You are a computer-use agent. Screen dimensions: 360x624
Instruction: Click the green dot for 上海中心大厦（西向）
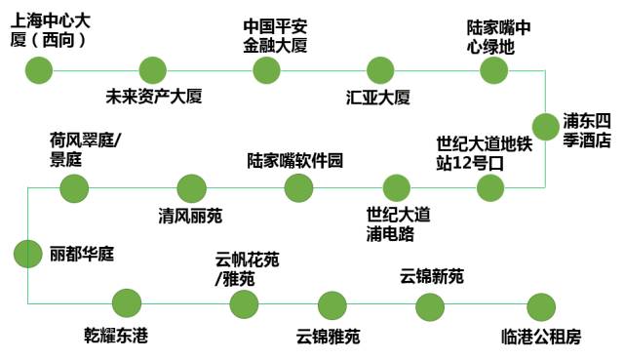point(39,70)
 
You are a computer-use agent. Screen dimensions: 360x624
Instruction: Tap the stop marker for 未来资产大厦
point(153,70)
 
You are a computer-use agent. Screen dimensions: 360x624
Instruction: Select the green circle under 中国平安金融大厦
point(267,70)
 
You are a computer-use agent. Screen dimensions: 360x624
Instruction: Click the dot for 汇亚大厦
point(380,70)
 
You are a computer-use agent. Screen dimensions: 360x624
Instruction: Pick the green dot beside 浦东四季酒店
point(544,129)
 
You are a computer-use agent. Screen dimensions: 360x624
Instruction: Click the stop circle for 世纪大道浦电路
point(397,187)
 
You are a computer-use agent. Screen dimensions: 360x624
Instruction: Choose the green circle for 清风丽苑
point(192,187)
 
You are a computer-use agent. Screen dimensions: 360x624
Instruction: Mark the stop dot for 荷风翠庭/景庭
point(74,187)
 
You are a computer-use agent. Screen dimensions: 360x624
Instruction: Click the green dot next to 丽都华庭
point(28,254)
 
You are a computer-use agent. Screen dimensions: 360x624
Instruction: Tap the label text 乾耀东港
point(116,337)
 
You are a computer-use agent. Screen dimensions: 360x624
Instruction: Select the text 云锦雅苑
point(329,337)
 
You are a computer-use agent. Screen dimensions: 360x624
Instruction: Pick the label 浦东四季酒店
point(587,130)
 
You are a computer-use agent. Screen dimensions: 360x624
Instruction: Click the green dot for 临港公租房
point(539,305)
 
